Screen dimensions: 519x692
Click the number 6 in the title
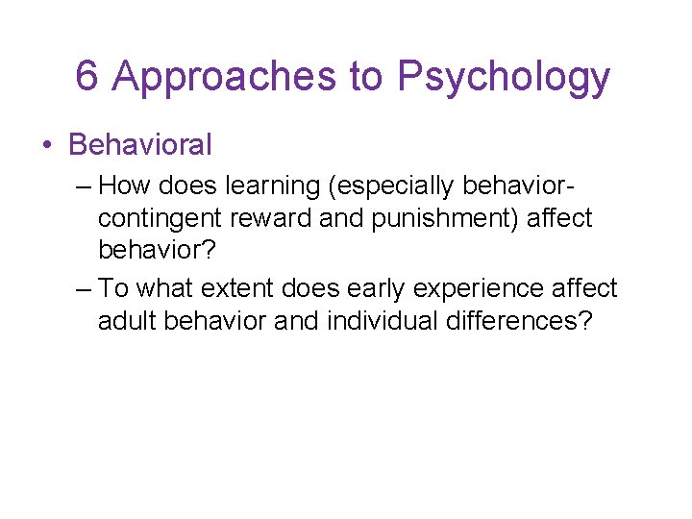coord(86,77)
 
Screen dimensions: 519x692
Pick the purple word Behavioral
coord(140,145)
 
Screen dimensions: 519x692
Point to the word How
coord(122,184)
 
